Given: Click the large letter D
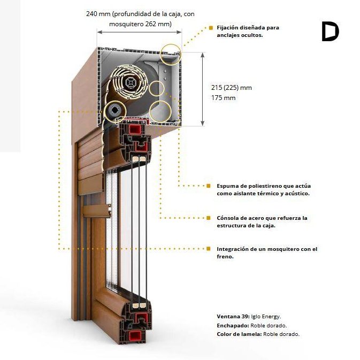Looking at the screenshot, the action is pos(331,32).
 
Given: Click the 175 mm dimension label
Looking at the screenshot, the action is pos(223,98).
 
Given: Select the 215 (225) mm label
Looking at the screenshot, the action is pos(232,88).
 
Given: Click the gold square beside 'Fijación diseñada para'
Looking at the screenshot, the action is pos(211,28).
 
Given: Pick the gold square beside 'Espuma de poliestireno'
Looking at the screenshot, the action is pos(208,186).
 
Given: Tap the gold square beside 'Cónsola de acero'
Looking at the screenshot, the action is pos(208,218).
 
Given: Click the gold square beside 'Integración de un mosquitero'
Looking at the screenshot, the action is pos(208,249).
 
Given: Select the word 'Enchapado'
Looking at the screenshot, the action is pos(233,326).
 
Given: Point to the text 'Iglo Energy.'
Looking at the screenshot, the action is pos(266,317).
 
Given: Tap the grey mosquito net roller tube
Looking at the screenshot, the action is pos(115,112).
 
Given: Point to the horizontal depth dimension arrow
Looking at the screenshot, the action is pos(139,32).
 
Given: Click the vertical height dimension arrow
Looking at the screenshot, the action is pos(202,89).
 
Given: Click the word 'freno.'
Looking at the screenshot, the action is pos(225,256).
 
